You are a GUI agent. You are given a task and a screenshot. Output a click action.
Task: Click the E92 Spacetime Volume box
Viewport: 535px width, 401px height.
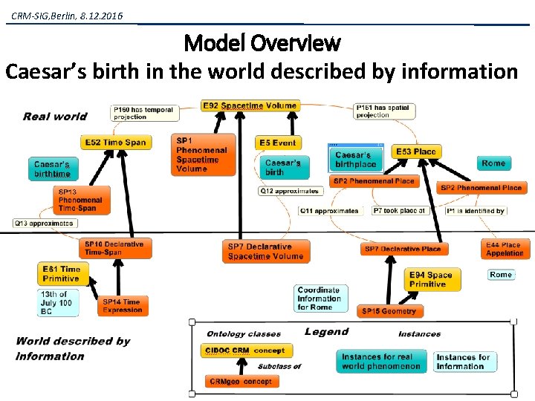[250, 106]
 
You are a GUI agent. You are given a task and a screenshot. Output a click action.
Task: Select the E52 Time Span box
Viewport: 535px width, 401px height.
[115, 142]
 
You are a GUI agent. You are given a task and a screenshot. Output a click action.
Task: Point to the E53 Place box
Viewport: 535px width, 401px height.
[415, 151]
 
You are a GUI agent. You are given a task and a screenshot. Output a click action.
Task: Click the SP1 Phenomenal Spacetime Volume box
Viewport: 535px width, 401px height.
[204, 154]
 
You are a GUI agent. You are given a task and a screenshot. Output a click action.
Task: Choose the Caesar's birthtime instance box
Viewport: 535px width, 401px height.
[53, 169]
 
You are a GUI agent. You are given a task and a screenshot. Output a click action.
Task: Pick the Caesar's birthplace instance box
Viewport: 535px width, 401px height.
[357, 159]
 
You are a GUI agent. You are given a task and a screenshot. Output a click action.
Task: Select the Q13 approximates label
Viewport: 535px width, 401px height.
[45, 223]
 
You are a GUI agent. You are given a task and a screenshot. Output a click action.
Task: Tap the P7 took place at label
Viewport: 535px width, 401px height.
[399, 211]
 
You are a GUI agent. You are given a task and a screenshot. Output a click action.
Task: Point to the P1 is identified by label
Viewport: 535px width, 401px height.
[476, 211]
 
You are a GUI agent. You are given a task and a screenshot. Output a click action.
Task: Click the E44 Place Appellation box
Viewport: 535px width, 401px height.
[505, 249]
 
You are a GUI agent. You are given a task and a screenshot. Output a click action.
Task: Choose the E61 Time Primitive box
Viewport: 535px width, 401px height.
[62, 274]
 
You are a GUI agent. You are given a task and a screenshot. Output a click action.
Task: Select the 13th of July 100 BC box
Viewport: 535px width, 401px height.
[58, 303]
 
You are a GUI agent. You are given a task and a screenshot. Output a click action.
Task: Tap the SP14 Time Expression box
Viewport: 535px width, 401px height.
[123, 305]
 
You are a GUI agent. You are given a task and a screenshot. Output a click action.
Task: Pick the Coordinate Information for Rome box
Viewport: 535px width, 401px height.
[319, 299]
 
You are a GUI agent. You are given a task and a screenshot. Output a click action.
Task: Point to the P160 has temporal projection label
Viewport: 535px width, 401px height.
[144, 113]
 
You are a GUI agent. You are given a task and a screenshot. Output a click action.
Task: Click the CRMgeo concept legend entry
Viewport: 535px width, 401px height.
[241, 381]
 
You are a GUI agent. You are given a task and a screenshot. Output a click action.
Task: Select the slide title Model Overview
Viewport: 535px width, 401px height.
[262, 42]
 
